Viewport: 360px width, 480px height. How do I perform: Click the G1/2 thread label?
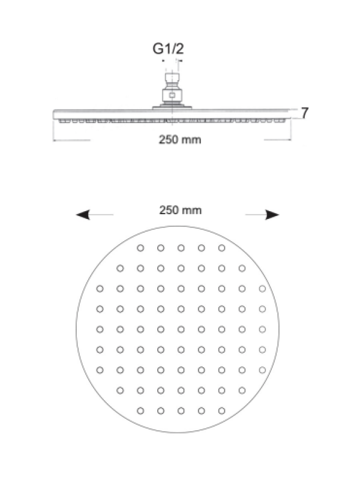(169, 49)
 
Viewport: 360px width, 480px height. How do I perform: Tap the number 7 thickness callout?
(305, 113)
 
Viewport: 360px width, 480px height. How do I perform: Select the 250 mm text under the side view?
(180, 140)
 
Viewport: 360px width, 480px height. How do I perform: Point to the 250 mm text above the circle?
(181, 211)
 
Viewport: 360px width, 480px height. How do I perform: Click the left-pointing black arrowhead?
(83, 215)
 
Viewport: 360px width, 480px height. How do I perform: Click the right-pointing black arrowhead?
(272, 215)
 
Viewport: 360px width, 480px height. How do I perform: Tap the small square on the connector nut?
(172, 95)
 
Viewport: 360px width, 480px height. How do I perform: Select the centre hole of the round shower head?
(181, 329)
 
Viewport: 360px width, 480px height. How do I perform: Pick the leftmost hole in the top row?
(140, 248)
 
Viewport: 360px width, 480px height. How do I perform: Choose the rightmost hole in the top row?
(221, 248)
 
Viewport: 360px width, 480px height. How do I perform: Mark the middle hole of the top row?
(181, 248)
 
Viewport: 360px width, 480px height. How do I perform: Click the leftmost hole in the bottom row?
(140, 411)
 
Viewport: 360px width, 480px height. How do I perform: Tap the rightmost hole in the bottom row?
(221, 411)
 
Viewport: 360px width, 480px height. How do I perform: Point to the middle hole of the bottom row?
(181, 411)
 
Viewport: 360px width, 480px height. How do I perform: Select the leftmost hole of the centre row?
(100, 329)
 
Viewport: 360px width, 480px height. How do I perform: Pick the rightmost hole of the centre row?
(262, 329)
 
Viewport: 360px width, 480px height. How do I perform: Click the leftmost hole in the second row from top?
(121, 268)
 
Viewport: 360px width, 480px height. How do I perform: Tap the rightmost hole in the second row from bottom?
(242, 391)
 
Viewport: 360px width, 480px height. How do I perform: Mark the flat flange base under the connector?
(172, 107)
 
